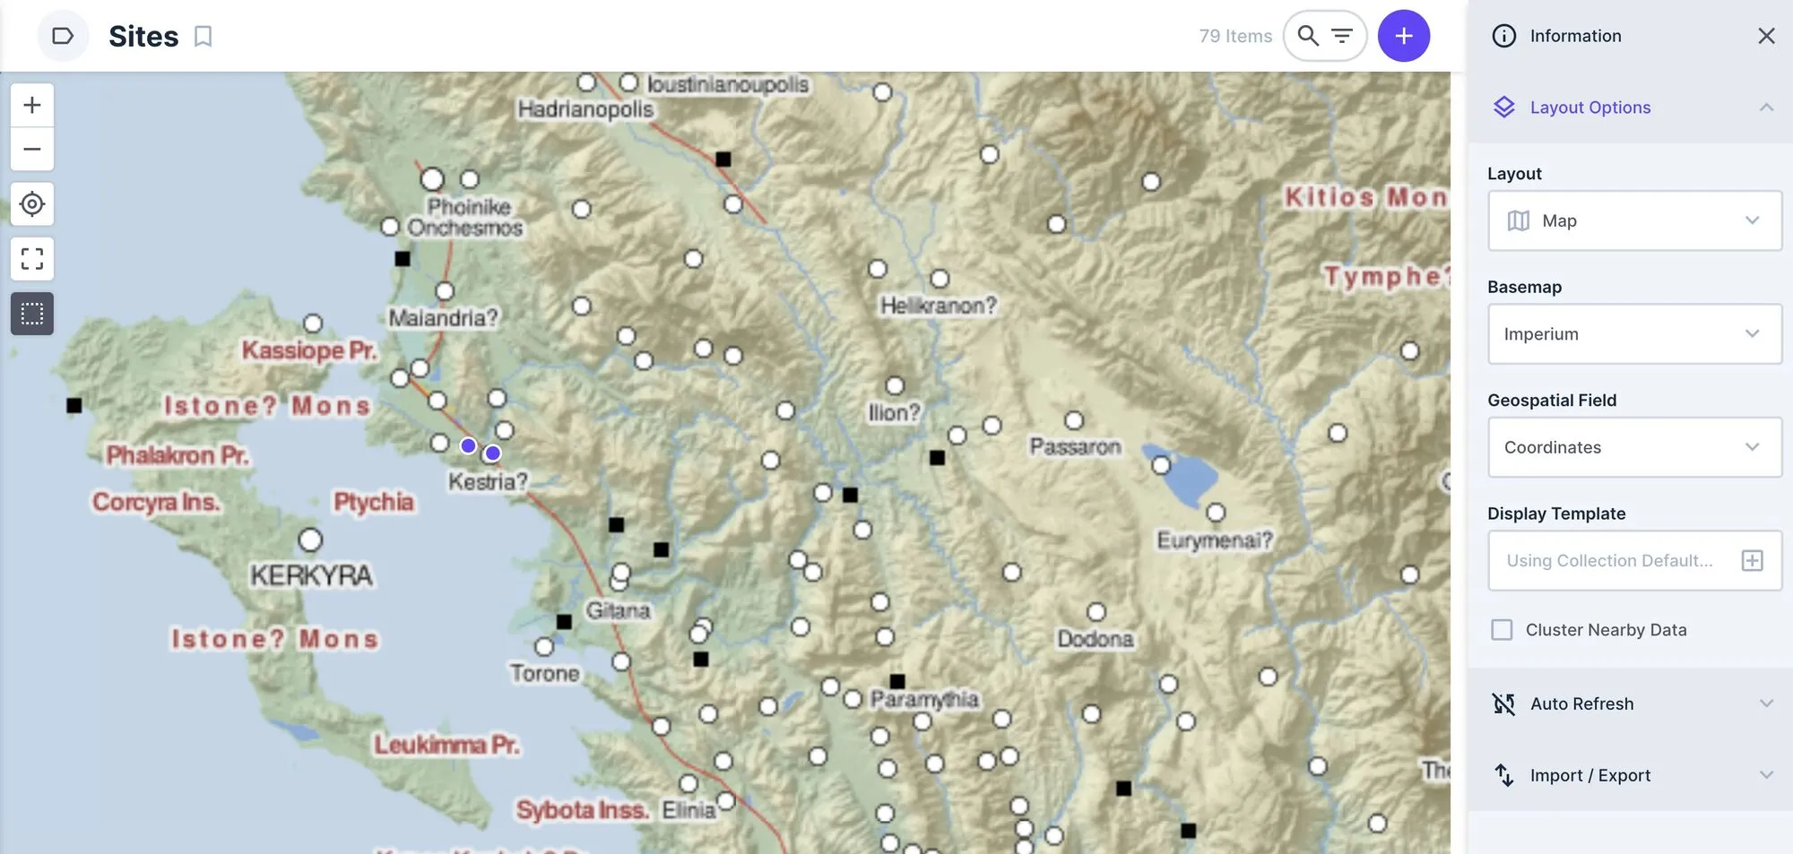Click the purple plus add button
tap(1403, 36)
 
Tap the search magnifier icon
tap(1308, 36)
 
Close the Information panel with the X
tap(1766, 36)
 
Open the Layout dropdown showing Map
tap(1634, 220)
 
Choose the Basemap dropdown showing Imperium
tap(1634, 334)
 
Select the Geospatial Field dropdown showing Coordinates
tap(1634, 447)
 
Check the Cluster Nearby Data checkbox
tap(1502, 630)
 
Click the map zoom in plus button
tap(32, 105)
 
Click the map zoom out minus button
tap(32, 149)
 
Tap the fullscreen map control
tap(32, 259)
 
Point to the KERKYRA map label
tap(311, 575)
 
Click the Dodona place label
tap(1095, 639)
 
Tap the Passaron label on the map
tap(1075, 446)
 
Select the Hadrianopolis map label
tap(585, 109)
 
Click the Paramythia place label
tap(924, 699)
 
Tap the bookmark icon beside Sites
tap(204, 37)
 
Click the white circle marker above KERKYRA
tap(310, 540)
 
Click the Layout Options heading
tap(1589, 108)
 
